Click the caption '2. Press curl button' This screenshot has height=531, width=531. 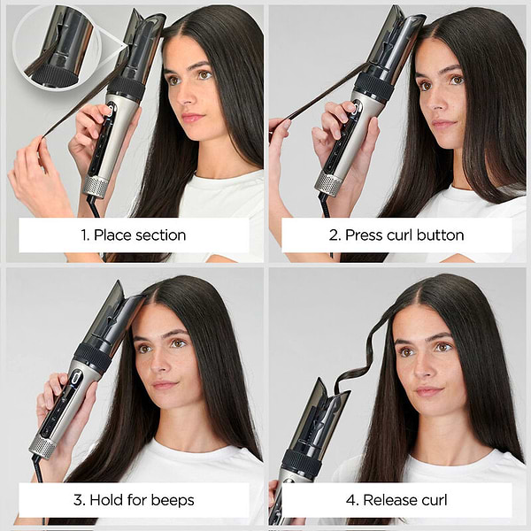(396, 235)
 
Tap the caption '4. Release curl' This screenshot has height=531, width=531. (396, 500)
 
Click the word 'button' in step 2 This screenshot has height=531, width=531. (440, 235)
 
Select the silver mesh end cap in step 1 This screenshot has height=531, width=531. (96, 186)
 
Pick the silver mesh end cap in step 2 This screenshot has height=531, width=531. (328, 182)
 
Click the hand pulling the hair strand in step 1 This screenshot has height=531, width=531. (35, 173)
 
